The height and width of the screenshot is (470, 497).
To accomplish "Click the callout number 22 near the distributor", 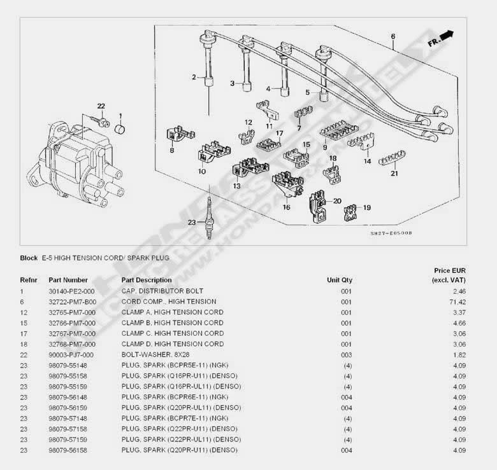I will click(101, 106).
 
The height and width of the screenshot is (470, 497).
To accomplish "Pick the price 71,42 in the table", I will click(458, 302).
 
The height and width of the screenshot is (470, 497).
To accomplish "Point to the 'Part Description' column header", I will click(147, 280).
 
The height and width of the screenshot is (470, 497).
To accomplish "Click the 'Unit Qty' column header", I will click(340, 280).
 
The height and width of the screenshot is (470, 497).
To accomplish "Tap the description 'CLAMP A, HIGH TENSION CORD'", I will click(172, 312).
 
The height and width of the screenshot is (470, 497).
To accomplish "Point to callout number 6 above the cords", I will click(393, 36).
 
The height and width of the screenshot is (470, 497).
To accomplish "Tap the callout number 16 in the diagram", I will click(286, 207).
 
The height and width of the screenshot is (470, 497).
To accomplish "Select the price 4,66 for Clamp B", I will click(458, 323).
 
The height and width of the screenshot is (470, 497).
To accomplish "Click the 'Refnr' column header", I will click(29, 280).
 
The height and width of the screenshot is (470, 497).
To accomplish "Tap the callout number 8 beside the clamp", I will click(171, 151).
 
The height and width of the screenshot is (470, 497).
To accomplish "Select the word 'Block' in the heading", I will click(29, 259).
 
